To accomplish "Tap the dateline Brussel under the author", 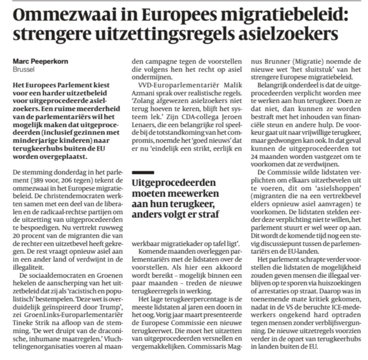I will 24,69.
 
